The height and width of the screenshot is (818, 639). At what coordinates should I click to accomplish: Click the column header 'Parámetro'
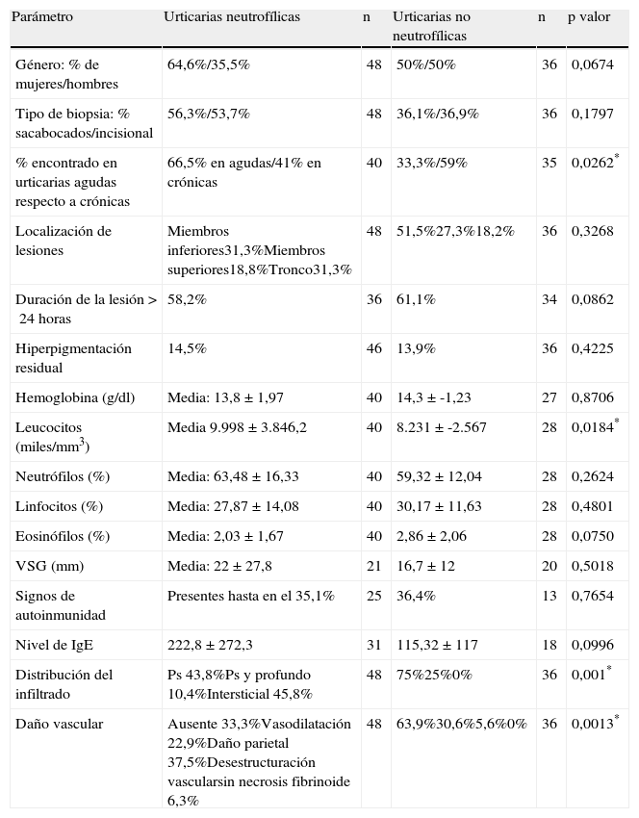click(x=41, y=17)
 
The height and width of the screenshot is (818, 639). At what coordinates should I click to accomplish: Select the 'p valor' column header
click(x=588, y=17)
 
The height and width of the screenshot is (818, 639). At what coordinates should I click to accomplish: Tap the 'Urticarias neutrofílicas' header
click(x=232, y=17)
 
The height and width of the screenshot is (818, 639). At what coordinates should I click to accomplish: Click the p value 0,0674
click(x=591, y=64)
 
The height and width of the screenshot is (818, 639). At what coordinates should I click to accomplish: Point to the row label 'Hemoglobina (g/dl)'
click(x=68, y=396)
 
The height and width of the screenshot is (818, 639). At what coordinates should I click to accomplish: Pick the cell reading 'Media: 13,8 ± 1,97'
click(x=225, y=396)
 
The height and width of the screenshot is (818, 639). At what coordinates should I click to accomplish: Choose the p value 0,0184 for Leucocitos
click(x=591, y=426)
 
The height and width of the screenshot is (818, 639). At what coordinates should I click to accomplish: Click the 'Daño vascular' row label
click(x=60, y=723)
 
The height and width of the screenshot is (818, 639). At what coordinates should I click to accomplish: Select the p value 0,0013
click(x=591, y=723)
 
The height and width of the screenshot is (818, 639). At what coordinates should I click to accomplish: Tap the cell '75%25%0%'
click(x=434, y=675)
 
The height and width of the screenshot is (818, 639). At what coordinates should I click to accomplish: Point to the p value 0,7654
click(x=591, y=597)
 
